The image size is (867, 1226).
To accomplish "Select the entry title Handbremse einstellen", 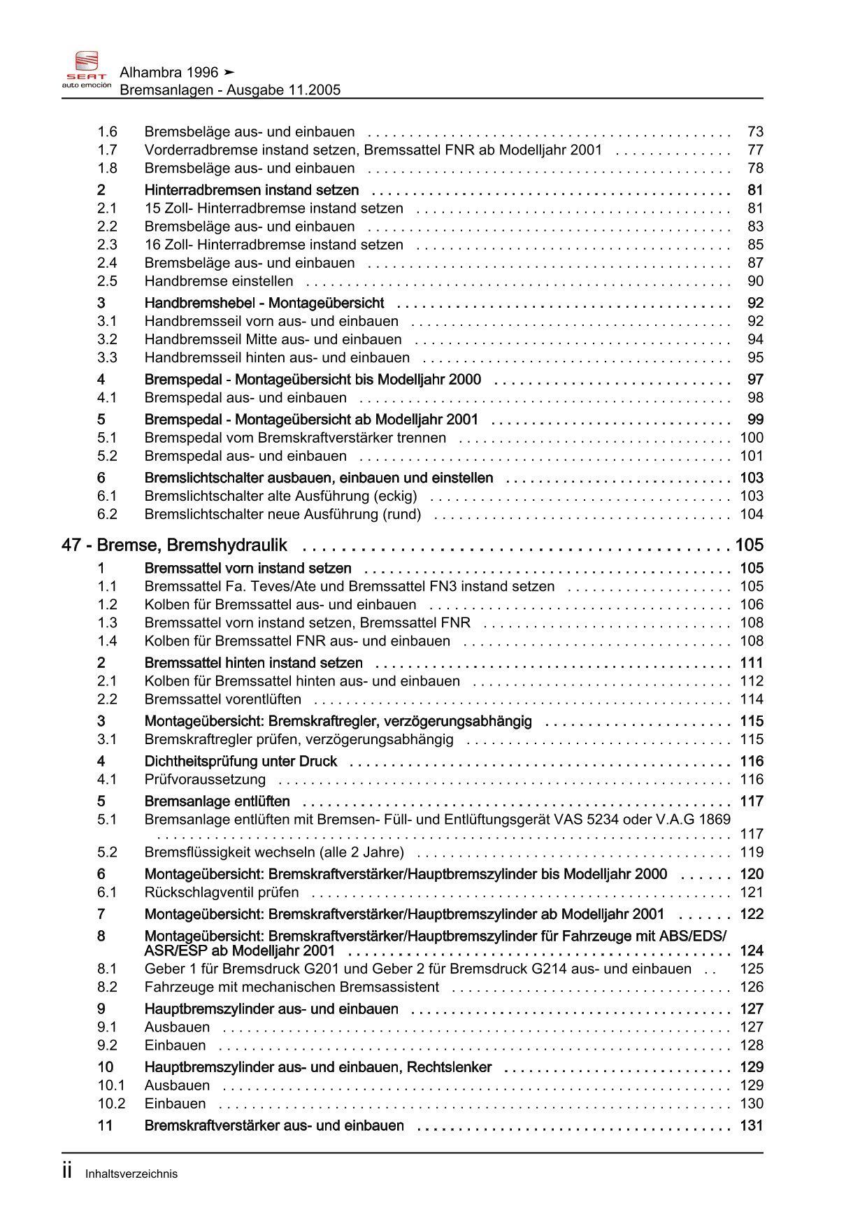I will coord(219,281).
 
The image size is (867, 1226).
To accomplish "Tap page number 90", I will coord(755,281).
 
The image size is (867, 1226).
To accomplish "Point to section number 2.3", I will coord(107,245).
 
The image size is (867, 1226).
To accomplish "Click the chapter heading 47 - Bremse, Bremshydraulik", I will coord(174,546).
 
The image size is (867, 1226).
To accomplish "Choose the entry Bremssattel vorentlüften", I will coord(223,699).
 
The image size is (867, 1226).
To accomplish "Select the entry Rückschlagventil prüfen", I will coord(222,892).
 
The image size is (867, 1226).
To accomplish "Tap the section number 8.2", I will coord(107,987).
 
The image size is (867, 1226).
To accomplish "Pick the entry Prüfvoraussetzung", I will coord(205,779).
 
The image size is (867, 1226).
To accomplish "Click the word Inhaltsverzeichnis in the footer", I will coord(131,1174).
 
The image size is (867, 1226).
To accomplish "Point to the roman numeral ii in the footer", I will coord(67,1172).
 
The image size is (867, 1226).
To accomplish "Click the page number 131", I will coord(752,1125).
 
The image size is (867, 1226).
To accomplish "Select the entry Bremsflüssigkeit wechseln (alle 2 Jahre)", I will coord(274,852).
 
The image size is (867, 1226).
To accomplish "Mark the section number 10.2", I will coord(111,1104).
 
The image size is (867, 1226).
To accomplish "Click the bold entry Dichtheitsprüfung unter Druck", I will coord(241,761).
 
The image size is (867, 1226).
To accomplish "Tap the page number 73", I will coord(755,131).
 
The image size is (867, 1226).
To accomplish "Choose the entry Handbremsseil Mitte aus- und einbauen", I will coord(273,339).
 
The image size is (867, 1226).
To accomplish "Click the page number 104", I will coord(752,514).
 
